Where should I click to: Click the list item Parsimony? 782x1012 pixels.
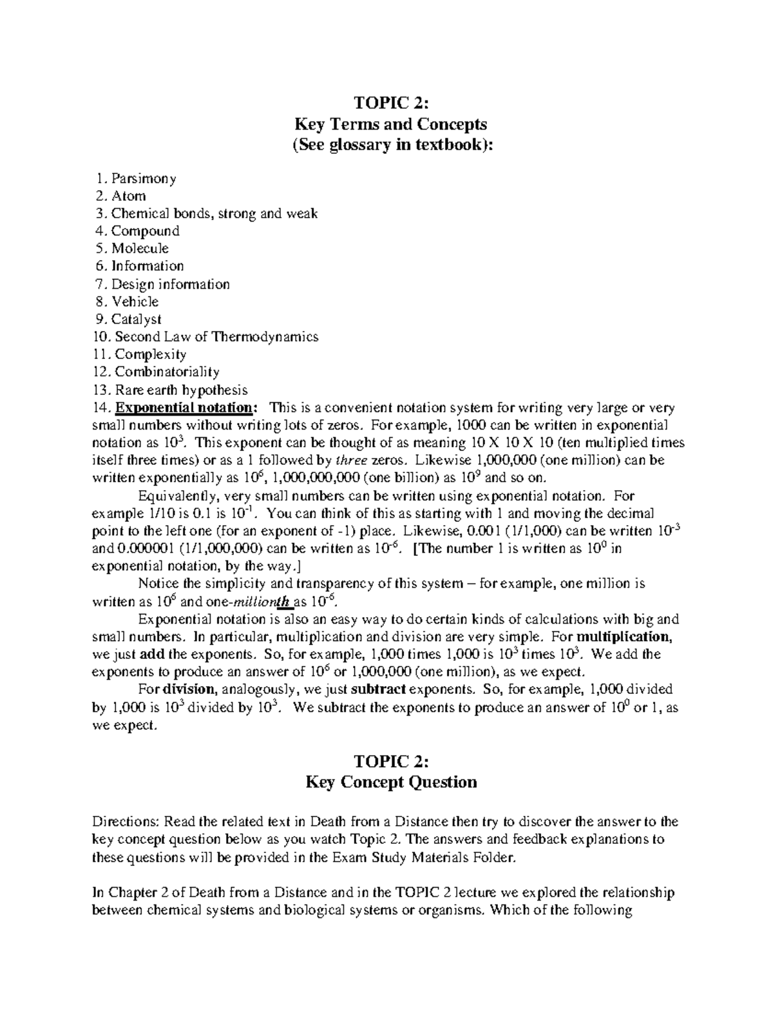point(143,179)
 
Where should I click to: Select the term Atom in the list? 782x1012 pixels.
point(128,196)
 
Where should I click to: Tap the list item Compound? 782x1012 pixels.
point(145,231)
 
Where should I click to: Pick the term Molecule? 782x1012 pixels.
point(139,249)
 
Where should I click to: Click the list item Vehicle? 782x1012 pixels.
point(135,302)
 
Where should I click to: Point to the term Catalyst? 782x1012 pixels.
point(136,319)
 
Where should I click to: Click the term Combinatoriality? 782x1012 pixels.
point(167,372)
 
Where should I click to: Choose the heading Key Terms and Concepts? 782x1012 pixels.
point(391,124)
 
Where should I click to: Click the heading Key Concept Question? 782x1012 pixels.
point(391,782)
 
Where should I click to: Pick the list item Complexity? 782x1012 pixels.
point(151,354)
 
